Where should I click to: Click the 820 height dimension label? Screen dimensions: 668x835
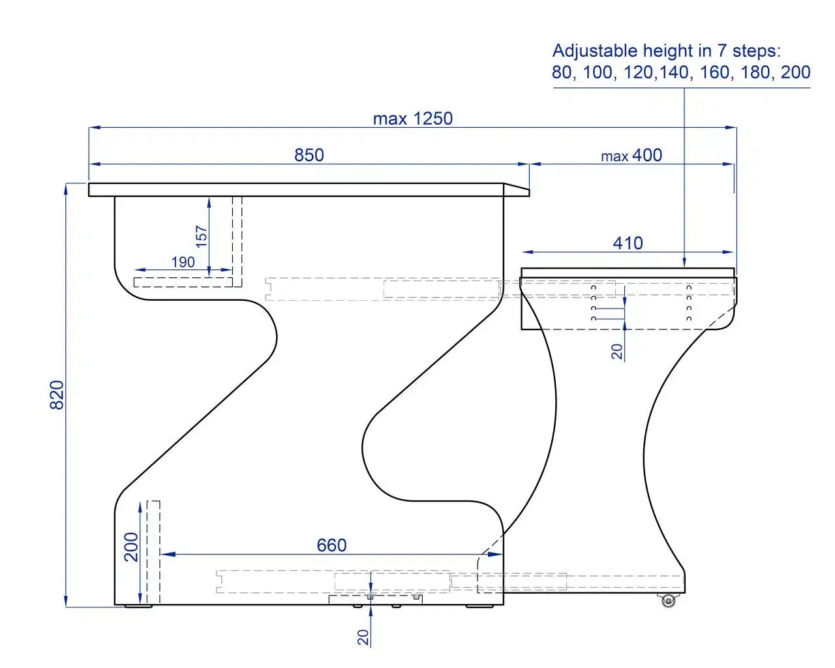pyautogui.click(x=57, y=395)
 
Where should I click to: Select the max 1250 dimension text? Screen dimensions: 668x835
pyautogui.click(x=412, y=119)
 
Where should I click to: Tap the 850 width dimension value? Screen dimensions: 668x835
pyautogui.click(x=309, y=155)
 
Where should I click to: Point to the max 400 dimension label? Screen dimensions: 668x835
pyautogui.click(x=631, y=156)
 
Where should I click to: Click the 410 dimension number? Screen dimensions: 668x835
pyautogui.click(x=628, y=243)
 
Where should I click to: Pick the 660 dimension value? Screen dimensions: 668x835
pyautogui.click(x=331, y=545)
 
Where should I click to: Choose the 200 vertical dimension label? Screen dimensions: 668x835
pyautogui.click(x=132, y=547)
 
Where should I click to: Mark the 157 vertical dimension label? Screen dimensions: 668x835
pyautogui.click(x=202, y=235)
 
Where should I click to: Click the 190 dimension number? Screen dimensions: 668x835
pyautogui.click(x=183, y=262)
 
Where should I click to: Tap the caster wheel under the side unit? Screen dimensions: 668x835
pyautogui.click(x=667, y=601)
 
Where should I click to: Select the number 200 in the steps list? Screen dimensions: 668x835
pyautogui.click(x=795, y=72)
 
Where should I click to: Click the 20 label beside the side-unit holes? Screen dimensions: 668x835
pyautogui.click(x=617, y=352)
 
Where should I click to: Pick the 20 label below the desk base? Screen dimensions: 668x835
pyautogui.click(x=363, y=637)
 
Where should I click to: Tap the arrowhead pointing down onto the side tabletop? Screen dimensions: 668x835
pyautogui.click(x=684, y=262)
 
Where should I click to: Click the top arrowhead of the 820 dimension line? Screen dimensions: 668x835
pyautogui.click(x=66, y=189)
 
